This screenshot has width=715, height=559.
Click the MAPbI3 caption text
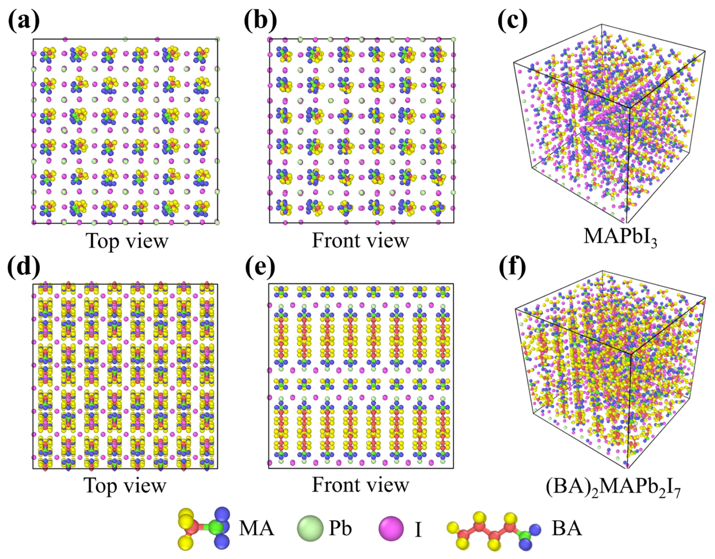620,236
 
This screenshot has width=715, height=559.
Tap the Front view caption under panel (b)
360,241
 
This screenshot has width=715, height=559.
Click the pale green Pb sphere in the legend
310,528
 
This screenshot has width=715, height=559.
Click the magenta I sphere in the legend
391,528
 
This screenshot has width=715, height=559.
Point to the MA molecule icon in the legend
204,528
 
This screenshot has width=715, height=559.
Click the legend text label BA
567,528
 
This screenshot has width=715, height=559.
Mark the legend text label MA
256,528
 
